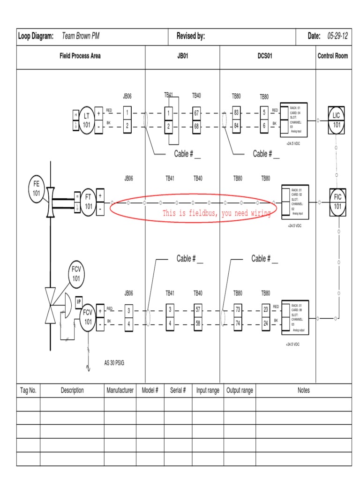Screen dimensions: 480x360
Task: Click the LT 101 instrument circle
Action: click(x=87, y=120)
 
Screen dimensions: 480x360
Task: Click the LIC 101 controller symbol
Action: click(x=337, y=120)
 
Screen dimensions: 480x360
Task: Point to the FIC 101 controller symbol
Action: click(x=337, y=202)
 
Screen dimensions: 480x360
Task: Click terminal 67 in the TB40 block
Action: click(x=196, y=113)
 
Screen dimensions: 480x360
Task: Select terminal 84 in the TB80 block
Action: click(x=236, y=126)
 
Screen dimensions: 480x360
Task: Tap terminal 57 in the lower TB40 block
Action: click(x=198, y=310)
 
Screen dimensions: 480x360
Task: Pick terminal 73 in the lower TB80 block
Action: click(x=238, y=310)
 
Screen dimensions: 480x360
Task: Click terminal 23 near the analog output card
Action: click(x=266, y=310)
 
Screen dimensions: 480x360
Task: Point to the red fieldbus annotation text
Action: click(x=217, y=213)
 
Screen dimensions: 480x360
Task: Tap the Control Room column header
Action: click(x=333, y=56)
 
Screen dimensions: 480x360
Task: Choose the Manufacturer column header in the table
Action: click(x=120, y=390)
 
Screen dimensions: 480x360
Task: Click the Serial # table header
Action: click(x=178, y=390)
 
